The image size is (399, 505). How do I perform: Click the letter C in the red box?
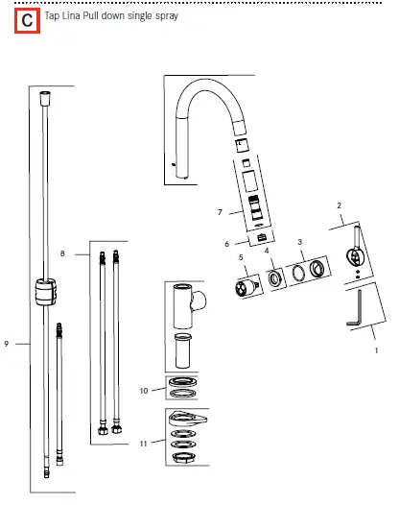point(27,19)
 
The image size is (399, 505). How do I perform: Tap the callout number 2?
point(339,205)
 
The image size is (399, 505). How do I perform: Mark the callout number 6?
point(226,244)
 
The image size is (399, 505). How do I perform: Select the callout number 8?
point(62,253)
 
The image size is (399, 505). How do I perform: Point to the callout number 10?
point(144,391)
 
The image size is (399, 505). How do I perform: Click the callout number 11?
point(144,444)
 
